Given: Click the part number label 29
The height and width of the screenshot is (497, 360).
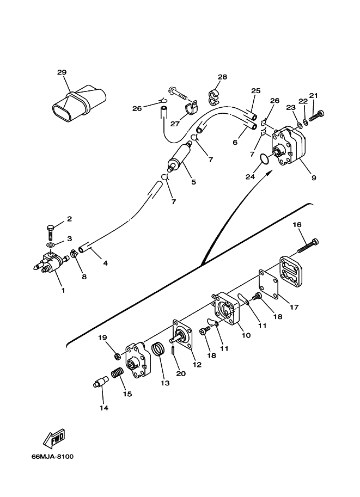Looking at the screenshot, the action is tap(62, 72).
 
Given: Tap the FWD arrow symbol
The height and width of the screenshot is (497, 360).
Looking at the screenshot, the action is tap(54, 438).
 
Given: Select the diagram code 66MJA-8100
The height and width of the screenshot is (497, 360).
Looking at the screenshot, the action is tap(53, 457).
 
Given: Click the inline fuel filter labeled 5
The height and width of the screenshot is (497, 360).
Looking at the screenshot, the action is tap(180, 156).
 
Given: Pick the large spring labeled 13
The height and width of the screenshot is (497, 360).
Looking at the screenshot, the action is tap(159, 349).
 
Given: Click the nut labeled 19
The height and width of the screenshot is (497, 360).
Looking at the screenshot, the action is tap(117, 356).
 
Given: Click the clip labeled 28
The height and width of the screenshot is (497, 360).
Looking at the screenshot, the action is tap(214, 96).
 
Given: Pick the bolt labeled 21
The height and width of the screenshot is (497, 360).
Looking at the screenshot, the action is tap(317, 116).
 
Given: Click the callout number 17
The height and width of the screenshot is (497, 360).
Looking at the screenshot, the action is tap(294, 307).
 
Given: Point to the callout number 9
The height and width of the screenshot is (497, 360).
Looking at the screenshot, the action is tap(314, 178).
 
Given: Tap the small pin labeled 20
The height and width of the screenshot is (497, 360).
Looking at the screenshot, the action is tap(173, 351).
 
